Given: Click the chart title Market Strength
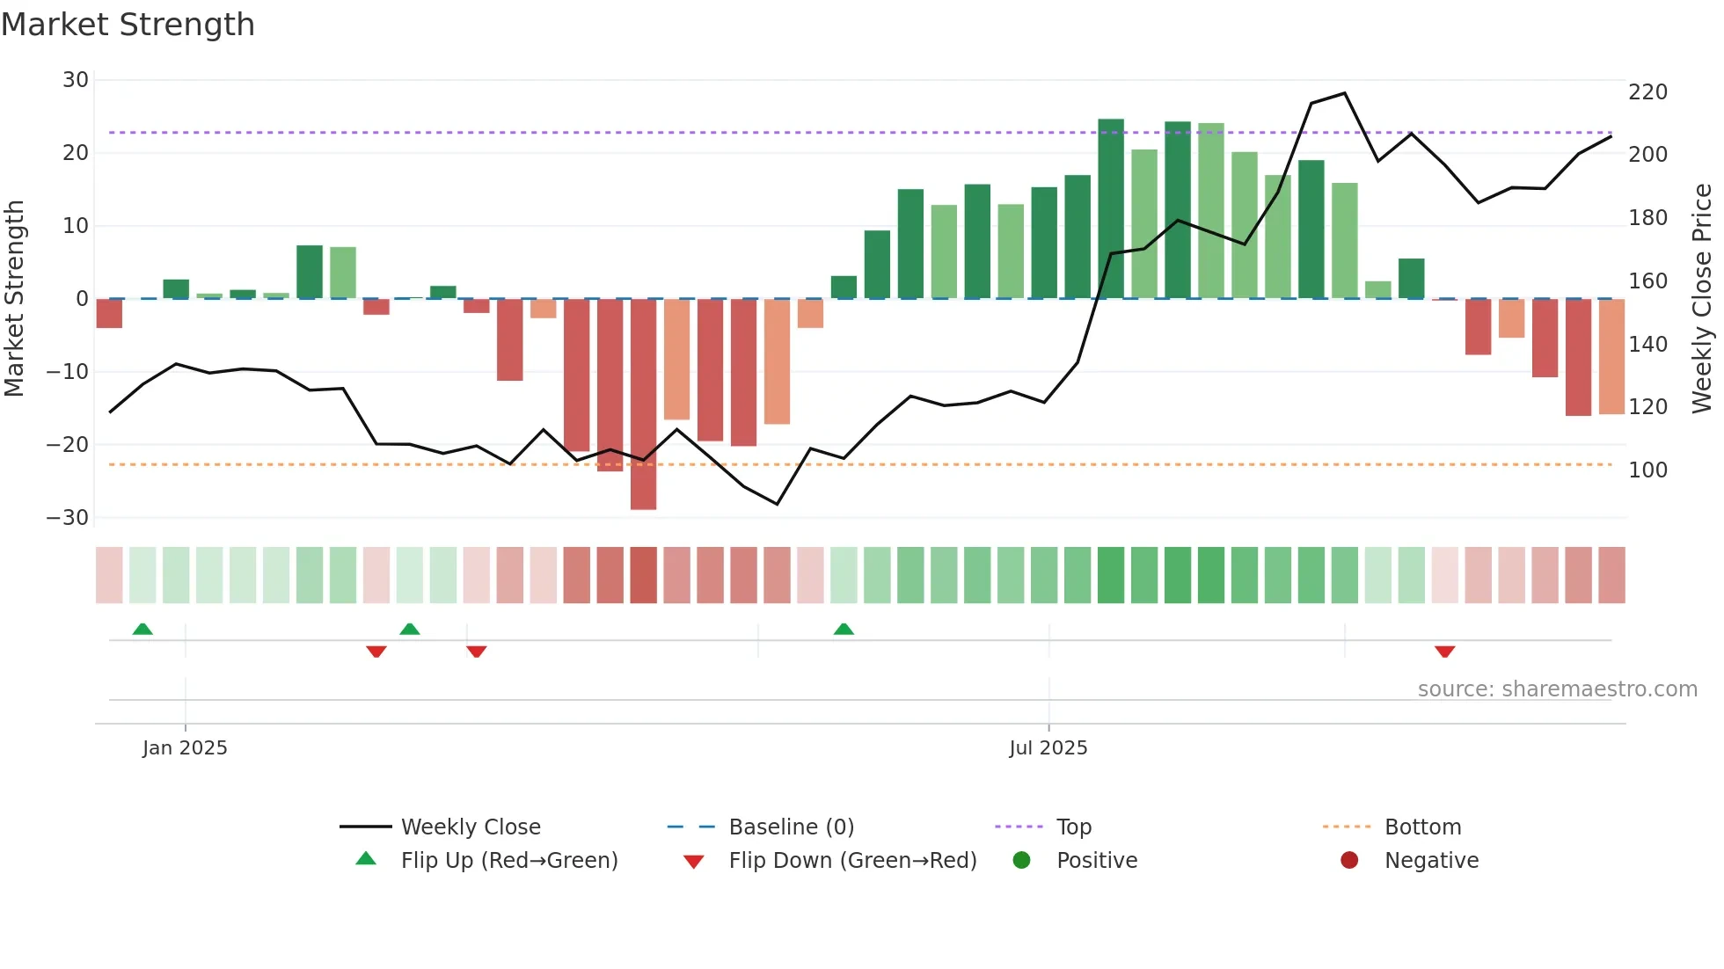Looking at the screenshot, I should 128,25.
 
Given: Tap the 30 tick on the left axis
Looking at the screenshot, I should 76,80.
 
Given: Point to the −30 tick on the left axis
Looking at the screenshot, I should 68,518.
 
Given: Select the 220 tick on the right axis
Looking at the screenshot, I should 1647,92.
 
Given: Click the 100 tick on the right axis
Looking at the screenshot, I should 1647,470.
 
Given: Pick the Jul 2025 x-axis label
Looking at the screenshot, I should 1048,748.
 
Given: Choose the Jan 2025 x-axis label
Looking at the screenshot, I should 185,748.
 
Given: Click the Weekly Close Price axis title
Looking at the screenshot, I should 1702,299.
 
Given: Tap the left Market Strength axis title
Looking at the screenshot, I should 15,299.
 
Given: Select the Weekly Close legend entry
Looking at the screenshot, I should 470,827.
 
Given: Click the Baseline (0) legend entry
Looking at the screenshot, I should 791,827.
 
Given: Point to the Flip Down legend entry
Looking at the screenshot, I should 851,861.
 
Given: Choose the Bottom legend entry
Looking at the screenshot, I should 1421,827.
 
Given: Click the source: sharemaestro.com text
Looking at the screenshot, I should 1557,689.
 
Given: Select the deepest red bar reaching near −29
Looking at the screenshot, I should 643,404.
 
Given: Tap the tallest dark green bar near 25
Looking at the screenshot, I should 1111,208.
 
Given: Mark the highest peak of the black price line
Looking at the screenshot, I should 1344,93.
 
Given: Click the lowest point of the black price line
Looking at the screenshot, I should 777,504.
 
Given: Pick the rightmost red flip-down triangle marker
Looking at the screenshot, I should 1444,652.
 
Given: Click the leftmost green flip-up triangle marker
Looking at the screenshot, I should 142,629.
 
